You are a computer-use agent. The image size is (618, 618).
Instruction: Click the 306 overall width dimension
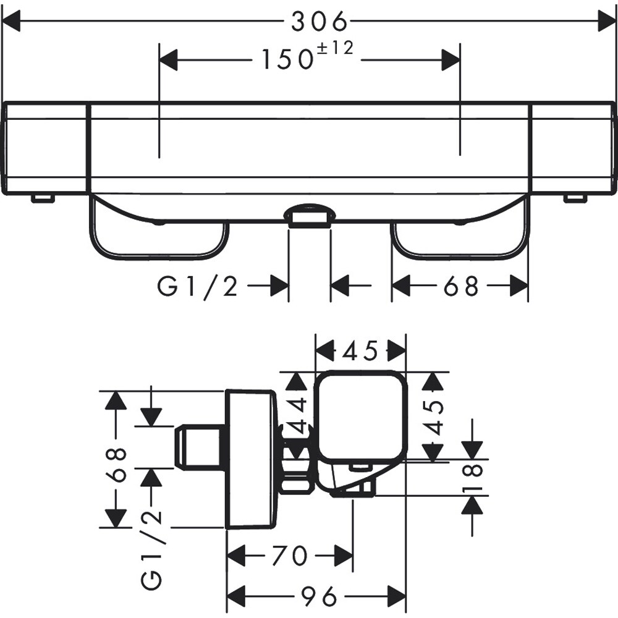pyautogui.click(x=320, y=23)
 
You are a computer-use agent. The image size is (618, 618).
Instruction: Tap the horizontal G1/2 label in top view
pyautogui.click(x=198, y=287)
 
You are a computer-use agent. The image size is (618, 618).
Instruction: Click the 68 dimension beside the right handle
pyautogui.click(x=460, y=286)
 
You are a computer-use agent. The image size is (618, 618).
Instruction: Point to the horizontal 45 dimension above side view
pyautogui.click(x=361, y=352)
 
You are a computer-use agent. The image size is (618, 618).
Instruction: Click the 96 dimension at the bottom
pyautogui.click(x=320, y=597)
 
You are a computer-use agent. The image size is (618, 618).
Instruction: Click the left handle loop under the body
pyautogui.click(x=159, y=235)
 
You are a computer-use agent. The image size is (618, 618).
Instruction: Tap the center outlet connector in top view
pyautogui.click(x=310, y=216)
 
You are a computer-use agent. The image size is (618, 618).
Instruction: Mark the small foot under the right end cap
pyautogui.click(x=575, y=198)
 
